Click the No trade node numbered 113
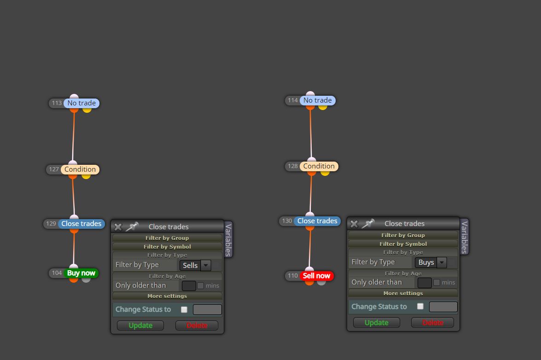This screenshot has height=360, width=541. [x=81, y=103]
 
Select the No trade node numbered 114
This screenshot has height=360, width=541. [x=317, y=100]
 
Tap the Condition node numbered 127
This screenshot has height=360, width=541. [x=80, y=169]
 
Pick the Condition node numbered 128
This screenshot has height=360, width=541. [x=319, y=166]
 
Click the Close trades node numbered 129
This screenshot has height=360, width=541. [x=81, y=224]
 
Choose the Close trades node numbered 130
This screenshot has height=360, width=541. [x=317, y=221]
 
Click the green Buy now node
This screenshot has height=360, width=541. [x=81, y=273]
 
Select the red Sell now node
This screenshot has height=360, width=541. [x=317, y=276]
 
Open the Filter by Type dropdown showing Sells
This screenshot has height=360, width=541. [x=195, y=265]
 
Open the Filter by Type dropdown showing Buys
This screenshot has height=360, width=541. [x=431, y=262]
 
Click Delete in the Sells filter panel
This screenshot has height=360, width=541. [x=197, y=325]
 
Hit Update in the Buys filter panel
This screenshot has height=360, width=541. [x=377, y=323]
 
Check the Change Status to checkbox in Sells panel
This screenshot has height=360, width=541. [x=184, y=310]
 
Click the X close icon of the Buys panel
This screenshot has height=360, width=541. [x=354, y=224]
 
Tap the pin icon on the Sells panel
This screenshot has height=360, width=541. [x=132, y=226]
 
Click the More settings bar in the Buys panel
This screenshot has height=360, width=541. [x=403, y=293]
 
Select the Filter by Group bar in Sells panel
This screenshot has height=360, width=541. [x=167, y=238]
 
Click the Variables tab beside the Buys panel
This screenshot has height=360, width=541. [x=465, y=237]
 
